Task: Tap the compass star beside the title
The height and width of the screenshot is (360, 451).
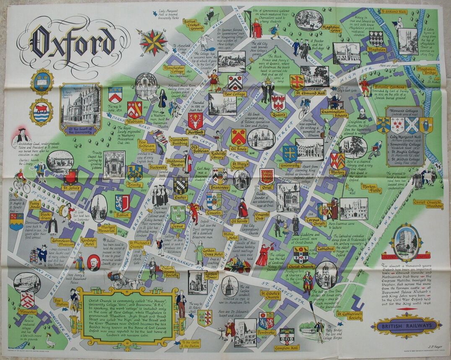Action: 153,42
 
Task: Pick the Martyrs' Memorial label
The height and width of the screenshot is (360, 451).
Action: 109,229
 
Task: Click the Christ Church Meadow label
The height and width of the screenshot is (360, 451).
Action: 428,203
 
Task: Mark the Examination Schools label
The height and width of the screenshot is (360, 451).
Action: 333,114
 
